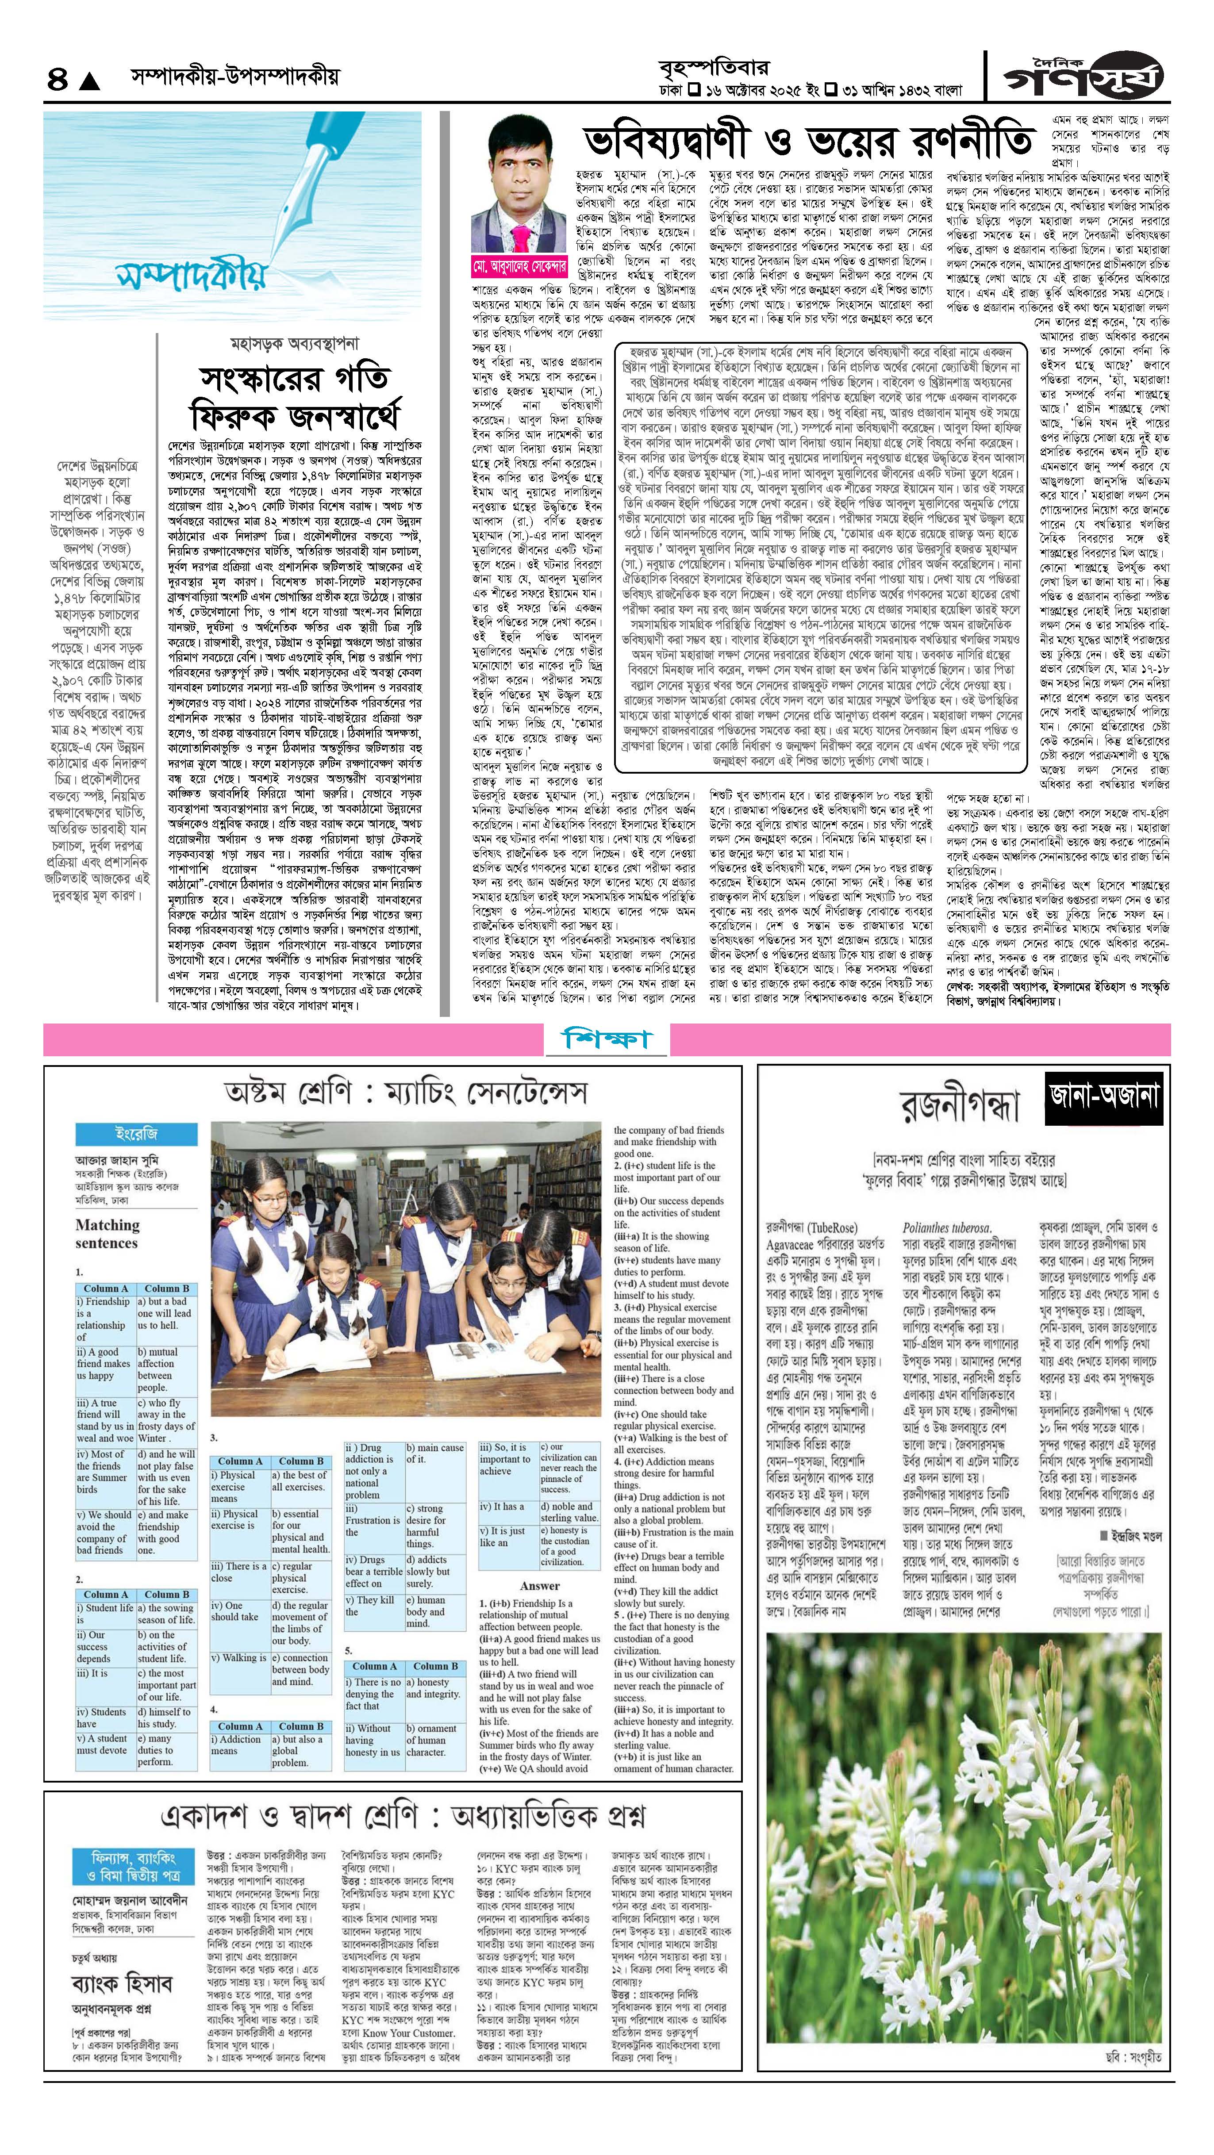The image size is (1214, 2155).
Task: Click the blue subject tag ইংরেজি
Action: pos(135,1135)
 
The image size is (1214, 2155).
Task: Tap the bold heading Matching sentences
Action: pos(107,1234)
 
